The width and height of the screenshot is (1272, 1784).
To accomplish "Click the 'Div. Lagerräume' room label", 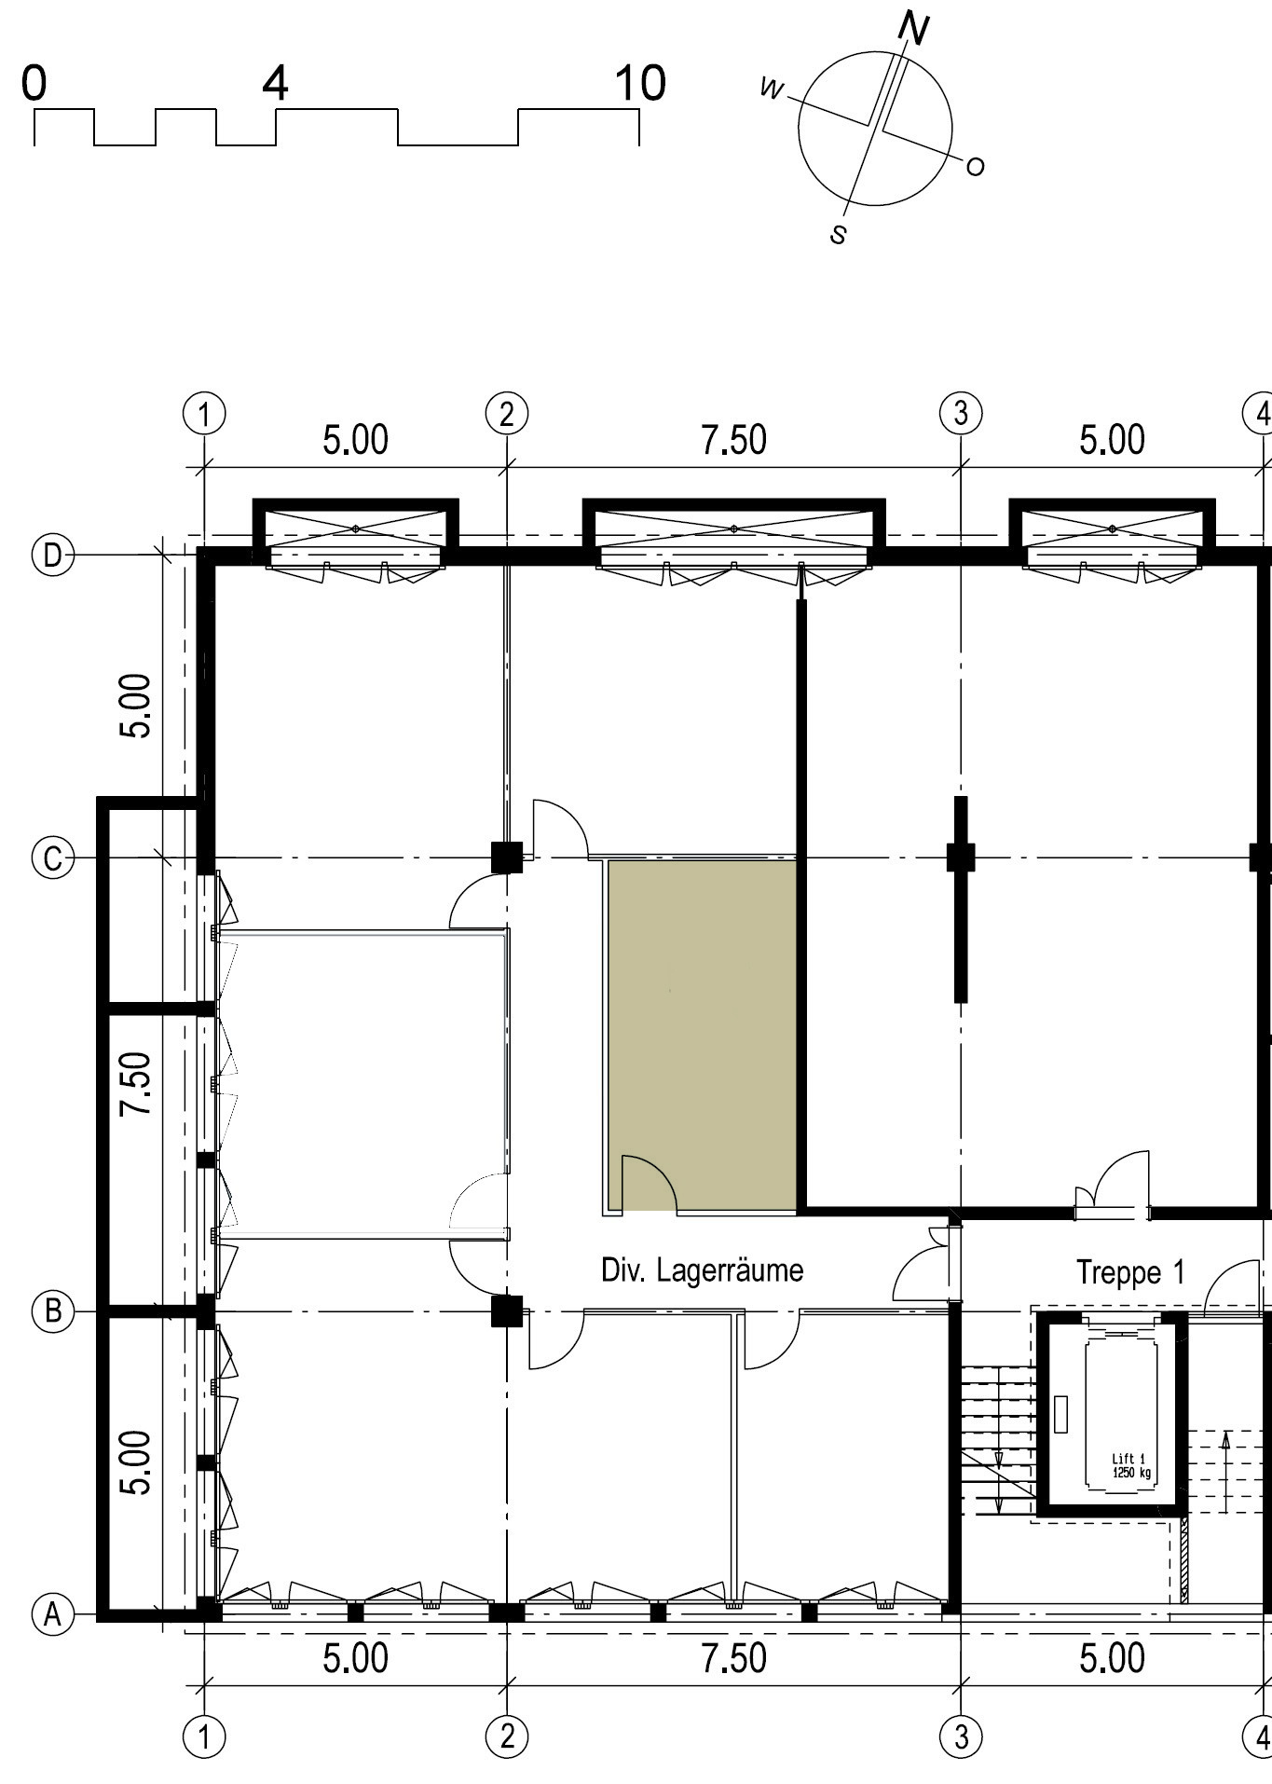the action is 702,1270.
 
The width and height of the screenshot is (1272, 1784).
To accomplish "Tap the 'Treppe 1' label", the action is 1130,1272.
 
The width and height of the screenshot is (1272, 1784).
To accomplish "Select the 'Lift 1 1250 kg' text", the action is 1130,1466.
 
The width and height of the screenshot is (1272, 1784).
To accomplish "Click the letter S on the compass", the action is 839,234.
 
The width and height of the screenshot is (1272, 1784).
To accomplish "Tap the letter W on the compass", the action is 773,89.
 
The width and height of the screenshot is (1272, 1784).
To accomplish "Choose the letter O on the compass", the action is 975,167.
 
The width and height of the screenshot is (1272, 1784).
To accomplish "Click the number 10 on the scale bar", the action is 640,83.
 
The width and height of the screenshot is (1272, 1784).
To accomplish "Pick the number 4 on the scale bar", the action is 275,83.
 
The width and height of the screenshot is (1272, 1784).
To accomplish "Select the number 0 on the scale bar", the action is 34,83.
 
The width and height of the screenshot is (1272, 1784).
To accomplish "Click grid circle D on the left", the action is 52,556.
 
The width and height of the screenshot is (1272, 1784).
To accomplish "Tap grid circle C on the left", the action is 52,858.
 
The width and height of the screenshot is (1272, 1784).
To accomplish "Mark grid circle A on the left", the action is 52,1613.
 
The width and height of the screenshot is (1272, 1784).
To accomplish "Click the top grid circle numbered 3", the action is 961,412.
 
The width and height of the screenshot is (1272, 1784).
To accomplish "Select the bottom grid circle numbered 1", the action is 204,1736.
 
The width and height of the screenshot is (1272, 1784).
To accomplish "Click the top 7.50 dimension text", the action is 734,440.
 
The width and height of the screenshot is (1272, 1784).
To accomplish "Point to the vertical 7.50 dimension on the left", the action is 135,1083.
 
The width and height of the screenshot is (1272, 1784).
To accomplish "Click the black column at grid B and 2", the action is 507,1311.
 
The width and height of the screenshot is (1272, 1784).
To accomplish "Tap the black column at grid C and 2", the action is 507,857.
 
